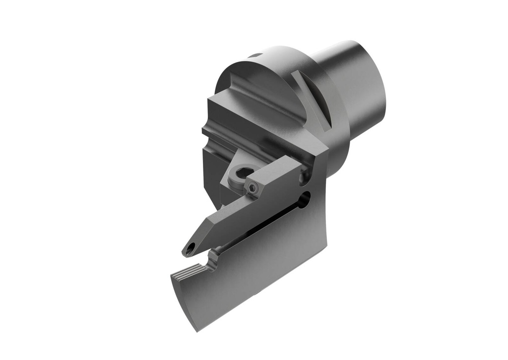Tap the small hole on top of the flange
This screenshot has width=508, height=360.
[x=256, y=56]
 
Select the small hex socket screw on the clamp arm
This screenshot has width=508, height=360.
[x=254, y=188]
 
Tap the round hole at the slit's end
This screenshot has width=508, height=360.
[x=304, y=199]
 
